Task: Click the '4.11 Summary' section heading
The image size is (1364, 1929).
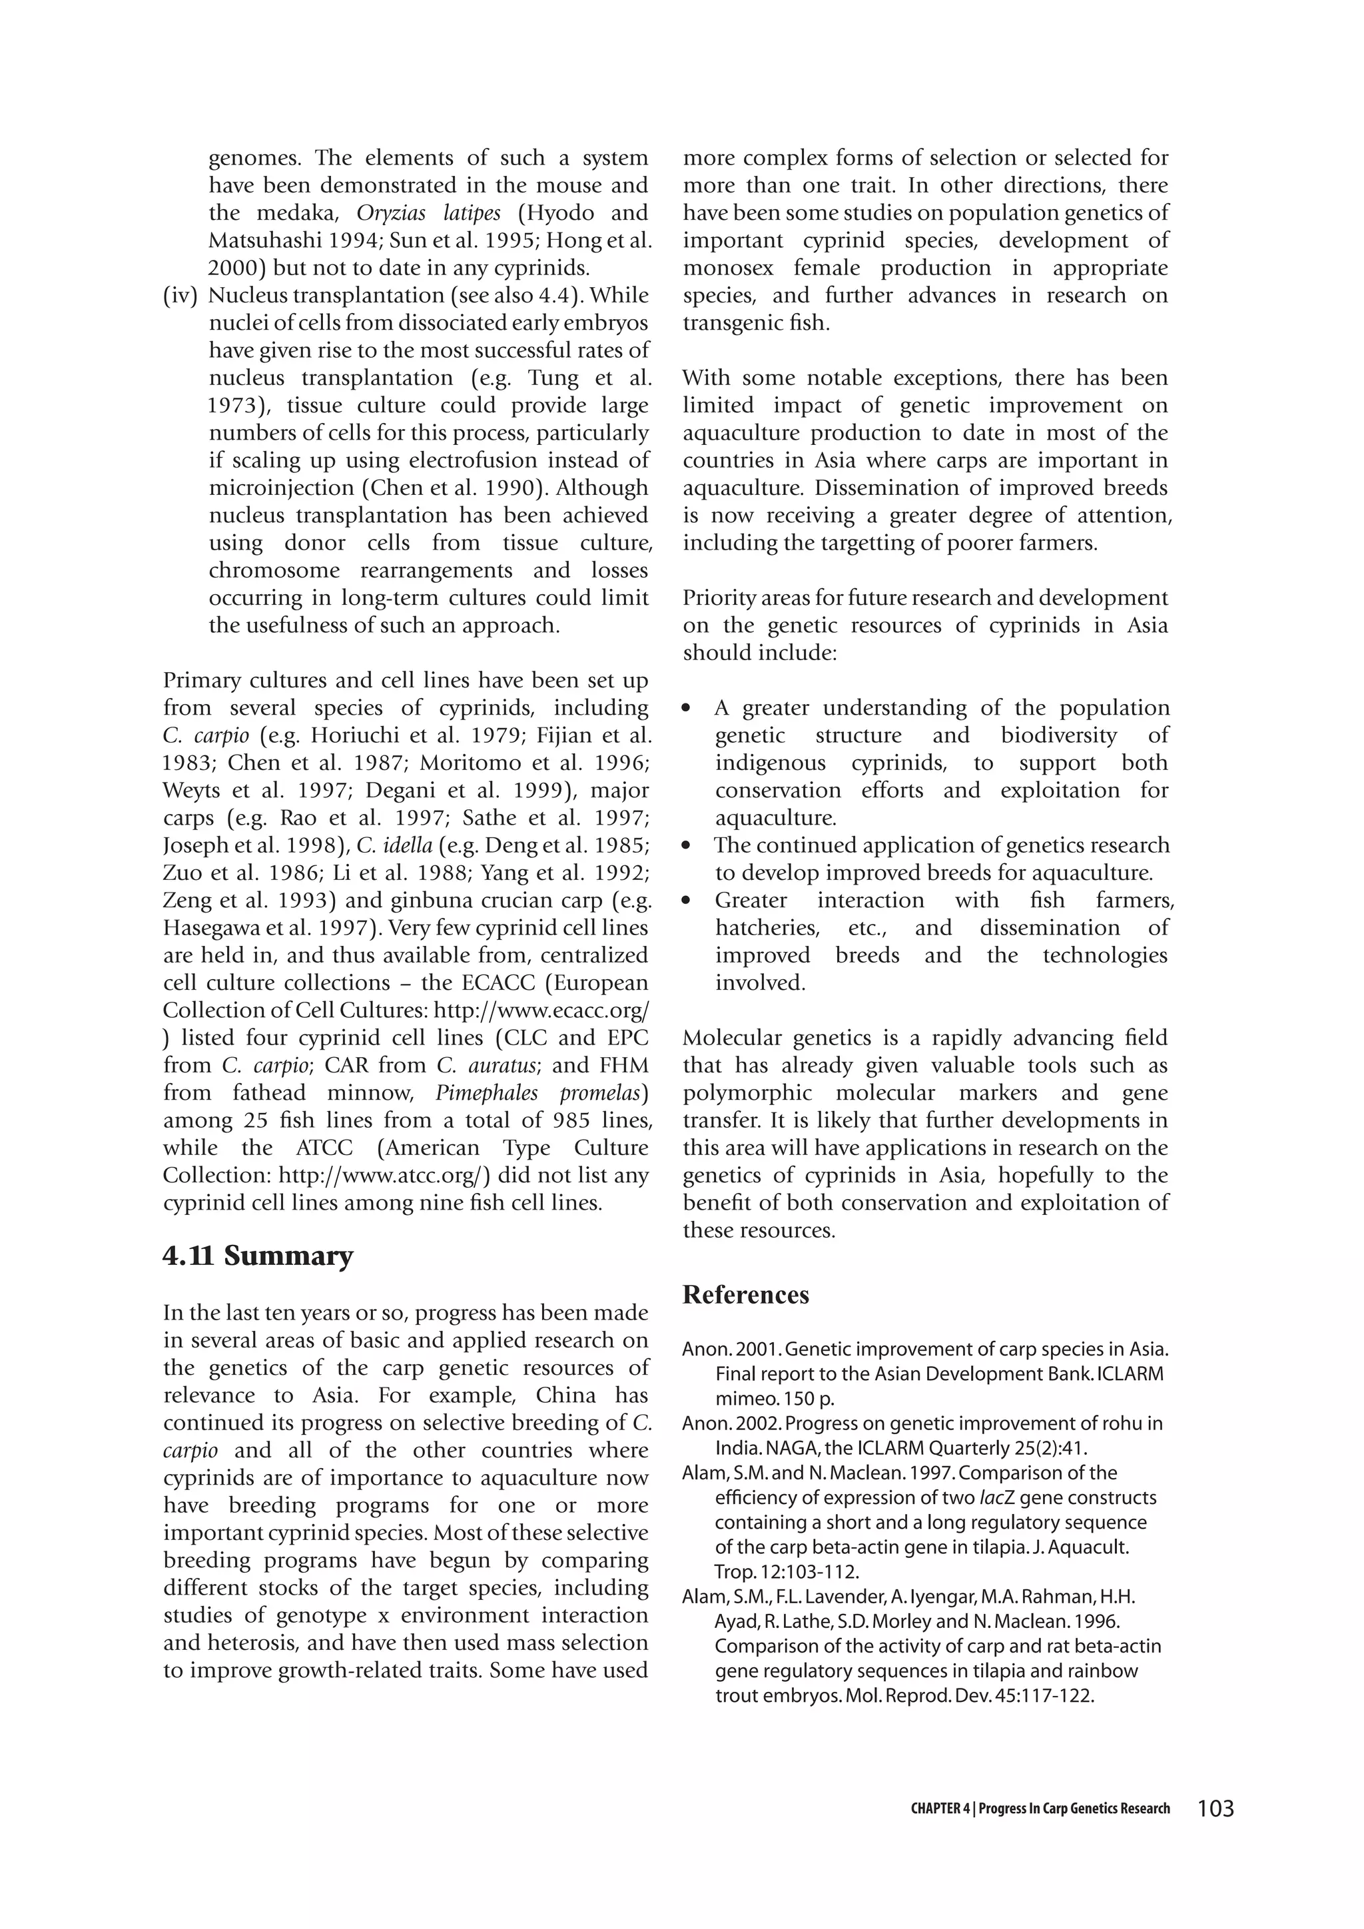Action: pos(258,1256)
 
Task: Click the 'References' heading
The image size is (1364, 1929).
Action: pos(745,1295)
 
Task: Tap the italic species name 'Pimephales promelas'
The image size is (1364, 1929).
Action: pos(541,1093)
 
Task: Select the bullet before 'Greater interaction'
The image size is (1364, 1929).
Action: pos(688,901)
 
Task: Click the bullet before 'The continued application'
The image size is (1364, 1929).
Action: pos(688,846)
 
